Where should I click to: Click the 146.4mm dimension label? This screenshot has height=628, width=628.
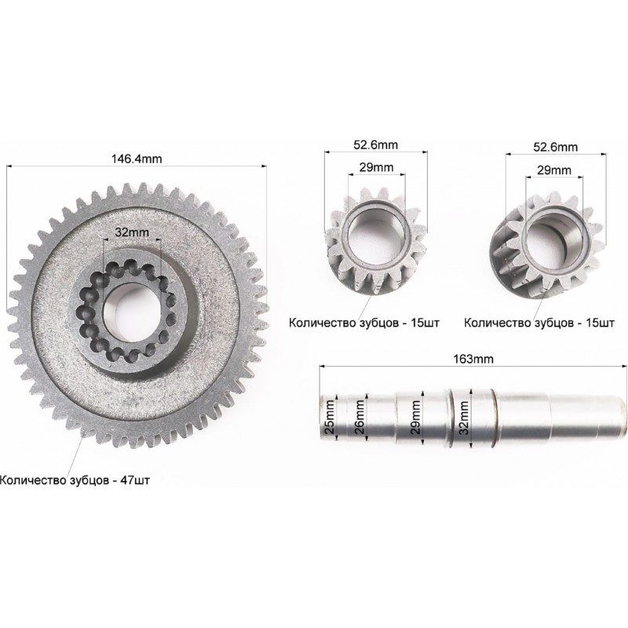pyautogui.click(x=137, y=159)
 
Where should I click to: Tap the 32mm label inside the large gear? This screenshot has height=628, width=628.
pyautogui.click(x=132, y=232)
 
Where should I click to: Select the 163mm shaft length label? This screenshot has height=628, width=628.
pyautogui.click(x=473, y=359)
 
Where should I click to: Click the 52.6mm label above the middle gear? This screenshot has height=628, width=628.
pyautogui.click(x=375, y=144)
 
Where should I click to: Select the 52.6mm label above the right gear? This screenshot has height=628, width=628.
pyautogui.click(x=555, y=147)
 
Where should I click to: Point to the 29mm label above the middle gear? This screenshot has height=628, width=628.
pyautogui.click(x=376, y=167)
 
